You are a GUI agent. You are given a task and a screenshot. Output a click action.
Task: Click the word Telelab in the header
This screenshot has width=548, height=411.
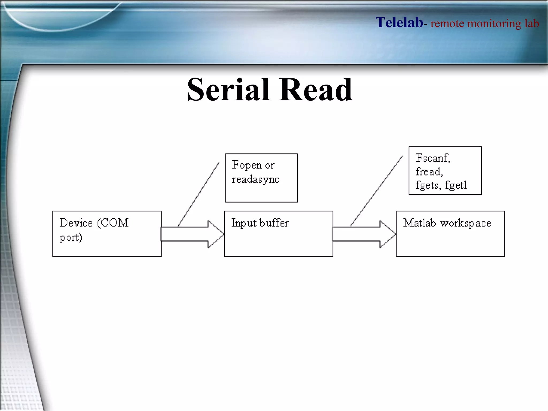399,22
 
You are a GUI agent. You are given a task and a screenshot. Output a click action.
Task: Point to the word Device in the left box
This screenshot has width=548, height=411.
76,223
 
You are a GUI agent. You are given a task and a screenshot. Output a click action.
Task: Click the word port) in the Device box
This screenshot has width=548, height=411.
71,238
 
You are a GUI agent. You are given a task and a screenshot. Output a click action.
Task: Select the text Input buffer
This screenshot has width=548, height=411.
260,223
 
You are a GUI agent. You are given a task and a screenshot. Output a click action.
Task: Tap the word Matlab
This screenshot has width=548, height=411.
419,223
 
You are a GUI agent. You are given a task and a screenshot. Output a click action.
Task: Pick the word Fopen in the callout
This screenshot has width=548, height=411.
246,165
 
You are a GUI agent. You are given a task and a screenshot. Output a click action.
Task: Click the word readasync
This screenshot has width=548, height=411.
255,180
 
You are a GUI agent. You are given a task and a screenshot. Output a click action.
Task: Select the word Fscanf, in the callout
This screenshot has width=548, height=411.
433,158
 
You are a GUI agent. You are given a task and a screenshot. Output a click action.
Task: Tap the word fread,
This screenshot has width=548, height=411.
429,172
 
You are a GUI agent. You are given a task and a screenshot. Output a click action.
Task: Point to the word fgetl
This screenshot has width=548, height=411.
456,185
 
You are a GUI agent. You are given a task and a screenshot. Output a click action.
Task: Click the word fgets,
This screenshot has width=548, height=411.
428,185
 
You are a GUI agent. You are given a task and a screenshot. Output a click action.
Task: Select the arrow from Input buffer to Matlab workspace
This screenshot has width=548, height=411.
363,234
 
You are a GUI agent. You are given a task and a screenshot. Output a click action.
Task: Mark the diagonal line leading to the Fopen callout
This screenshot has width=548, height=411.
199,194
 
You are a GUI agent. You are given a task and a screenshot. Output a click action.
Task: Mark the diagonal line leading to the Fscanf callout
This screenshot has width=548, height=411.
376,191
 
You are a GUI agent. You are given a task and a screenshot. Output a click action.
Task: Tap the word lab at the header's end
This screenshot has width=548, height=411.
531,24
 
